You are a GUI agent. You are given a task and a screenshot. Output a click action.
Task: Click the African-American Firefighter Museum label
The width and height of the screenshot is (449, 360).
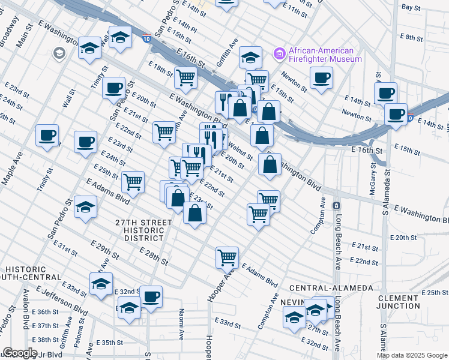tap(325, 55)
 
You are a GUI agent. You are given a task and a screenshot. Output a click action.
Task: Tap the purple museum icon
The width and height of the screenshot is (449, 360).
tap(279, 55)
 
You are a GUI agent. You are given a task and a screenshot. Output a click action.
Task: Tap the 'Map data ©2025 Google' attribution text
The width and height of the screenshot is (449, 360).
tap(412, 355)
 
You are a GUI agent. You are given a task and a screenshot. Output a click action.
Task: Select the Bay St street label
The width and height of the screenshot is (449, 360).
tap(411, 8)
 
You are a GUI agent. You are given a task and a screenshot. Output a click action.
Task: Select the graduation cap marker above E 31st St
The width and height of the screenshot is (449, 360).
tap(86, 208)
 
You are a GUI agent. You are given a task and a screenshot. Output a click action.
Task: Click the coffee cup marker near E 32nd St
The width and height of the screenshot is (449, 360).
tap(151, 295)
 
